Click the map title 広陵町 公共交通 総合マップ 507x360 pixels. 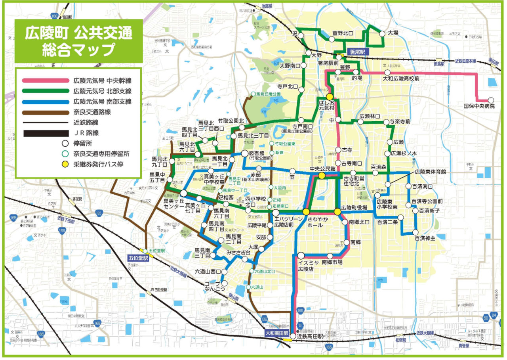pos(78,41)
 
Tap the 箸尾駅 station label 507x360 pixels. pos(358,52)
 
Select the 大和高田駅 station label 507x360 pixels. pos(277,333)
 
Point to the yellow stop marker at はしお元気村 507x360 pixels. pos(329,97)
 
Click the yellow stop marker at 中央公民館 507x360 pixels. pos(322,175)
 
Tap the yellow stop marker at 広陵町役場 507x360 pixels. pos(337,212)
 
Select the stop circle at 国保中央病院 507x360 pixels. pos(491,100)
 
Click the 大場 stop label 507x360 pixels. pos(393,33)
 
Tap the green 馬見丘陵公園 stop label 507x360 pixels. pos(268,94)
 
